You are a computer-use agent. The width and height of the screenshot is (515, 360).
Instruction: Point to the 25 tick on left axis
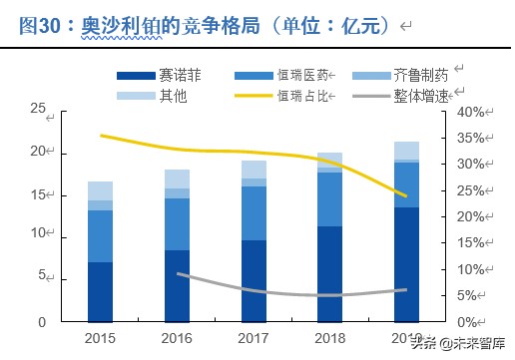coord(37,109)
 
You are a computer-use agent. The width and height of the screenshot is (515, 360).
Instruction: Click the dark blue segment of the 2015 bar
coord(100,291)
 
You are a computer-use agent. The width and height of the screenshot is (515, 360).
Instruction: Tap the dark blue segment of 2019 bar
coord(407,264)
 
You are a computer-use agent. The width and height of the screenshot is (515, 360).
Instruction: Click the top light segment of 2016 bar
coord(177,179)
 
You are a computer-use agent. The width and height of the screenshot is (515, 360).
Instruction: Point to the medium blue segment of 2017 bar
coord(254,212)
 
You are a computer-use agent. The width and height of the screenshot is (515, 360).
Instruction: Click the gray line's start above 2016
coord(178,273)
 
